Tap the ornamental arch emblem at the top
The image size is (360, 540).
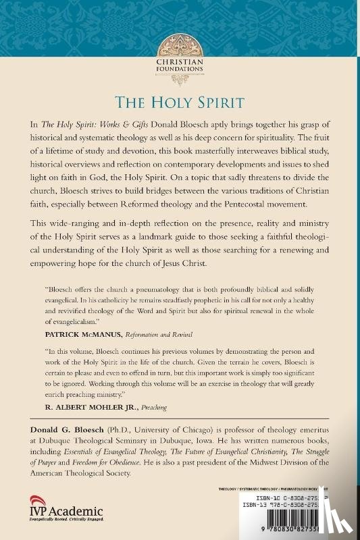(x=180, y=47)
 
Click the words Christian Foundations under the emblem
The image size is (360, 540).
(x=180, y=69)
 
